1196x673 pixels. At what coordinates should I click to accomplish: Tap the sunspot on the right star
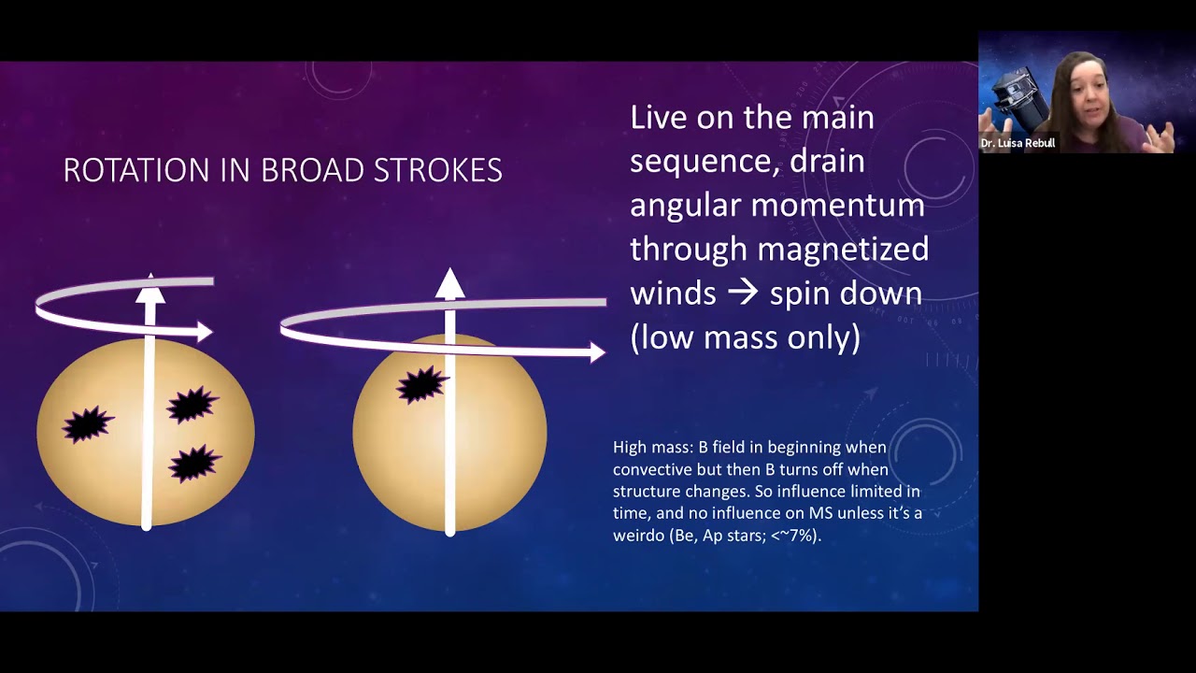tap(422, 384)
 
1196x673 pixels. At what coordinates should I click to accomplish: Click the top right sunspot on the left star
tap(192, 405)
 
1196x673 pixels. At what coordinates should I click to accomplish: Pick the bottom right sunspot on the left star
tap(194, 463)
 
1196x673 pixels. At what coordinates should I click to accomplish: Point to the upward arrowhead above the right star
tap(449, 283)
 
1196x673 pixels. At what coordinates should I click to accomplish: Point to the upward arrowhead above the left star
tap(150, 292)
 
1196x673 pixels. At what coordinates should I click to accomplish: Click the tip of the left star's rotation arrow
tap(207, 331)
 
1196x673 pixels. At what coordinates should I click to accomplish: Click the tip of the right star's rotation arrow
tap(600, 352)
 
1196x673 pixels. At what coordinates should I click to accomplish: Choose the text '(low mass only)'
tap(745, 337)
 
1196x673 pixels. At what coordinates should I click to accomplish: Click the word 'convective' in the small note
tap(654, 467)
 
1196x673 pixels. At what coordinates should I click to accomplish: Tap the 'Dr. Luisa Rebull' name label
tap(1018, 143)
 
